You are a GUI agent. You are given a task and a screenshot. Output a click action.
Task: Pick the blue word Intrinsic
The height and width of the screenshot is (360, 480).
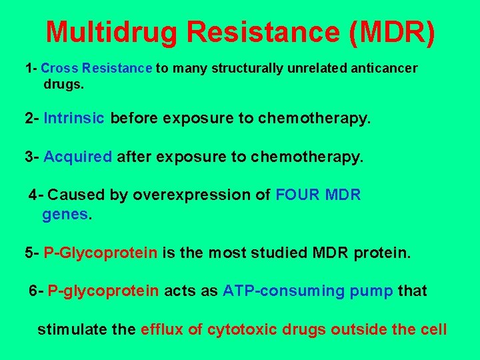(73, 119)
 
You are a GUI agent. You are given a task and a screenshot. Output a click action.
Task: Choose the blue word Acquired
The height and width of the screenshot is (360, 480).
(77, 157)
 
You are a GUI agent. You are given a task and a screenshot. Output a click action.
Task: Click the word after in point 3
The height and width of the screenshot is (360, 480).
(135, 157)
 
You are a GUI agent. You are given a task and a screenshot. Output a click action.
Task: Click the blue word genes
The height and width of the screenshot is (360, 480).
(65, 215)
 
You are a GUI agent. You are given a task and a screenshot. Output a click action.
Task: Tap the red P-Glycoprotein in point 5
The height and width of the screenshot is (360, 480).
(101, 253)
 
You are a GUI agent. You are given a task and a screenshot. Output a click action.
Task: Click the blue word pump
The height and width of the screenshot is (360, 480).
(371, 291)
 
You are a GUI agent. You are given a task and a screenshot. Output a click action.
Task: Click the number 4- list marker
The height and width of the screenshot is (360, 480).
(36, 195)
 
